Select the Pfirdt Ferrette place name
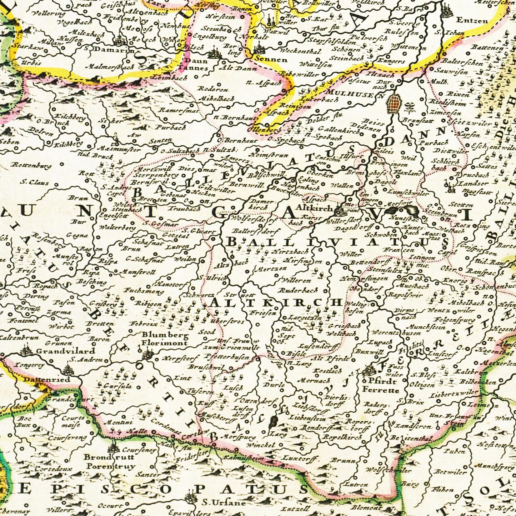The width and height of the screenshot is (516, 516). click(x=380, y=386)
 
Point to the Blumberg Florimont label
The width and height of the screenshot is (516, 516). click(x=165, y=339)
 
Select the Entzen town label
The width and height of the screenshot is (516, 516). click(x=472, y=21)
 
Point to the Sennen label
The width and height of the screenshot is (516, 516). click(x=270, y=59)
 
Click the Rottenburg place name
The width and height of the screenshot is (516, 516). click(x=31, y=165)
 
